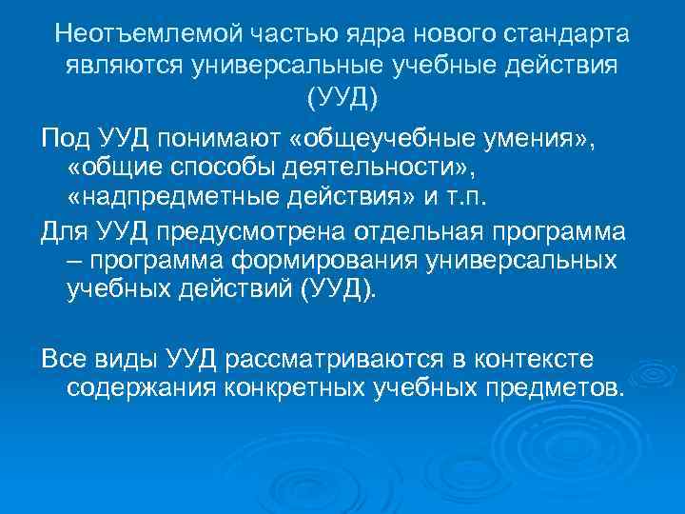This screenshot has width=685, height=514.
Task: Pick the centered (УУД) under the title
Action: [342, 97]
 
